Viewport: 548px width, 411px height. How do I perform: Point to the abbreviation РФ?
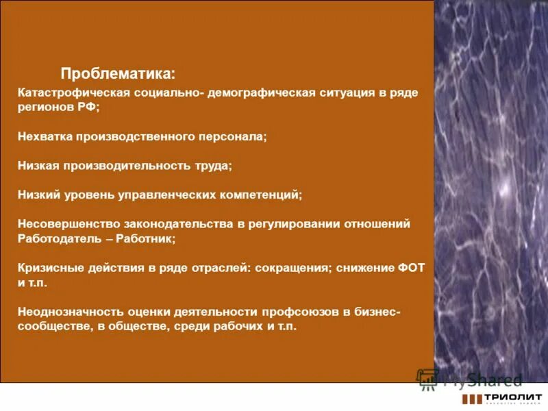pos(88,108)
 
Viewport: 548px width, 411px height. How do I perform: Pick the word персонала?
pos(234,137)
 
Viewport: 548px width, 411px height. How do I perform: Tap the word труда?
pos(215,166)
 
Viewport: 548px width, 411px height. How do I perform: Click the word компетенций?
pos(260,195)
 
